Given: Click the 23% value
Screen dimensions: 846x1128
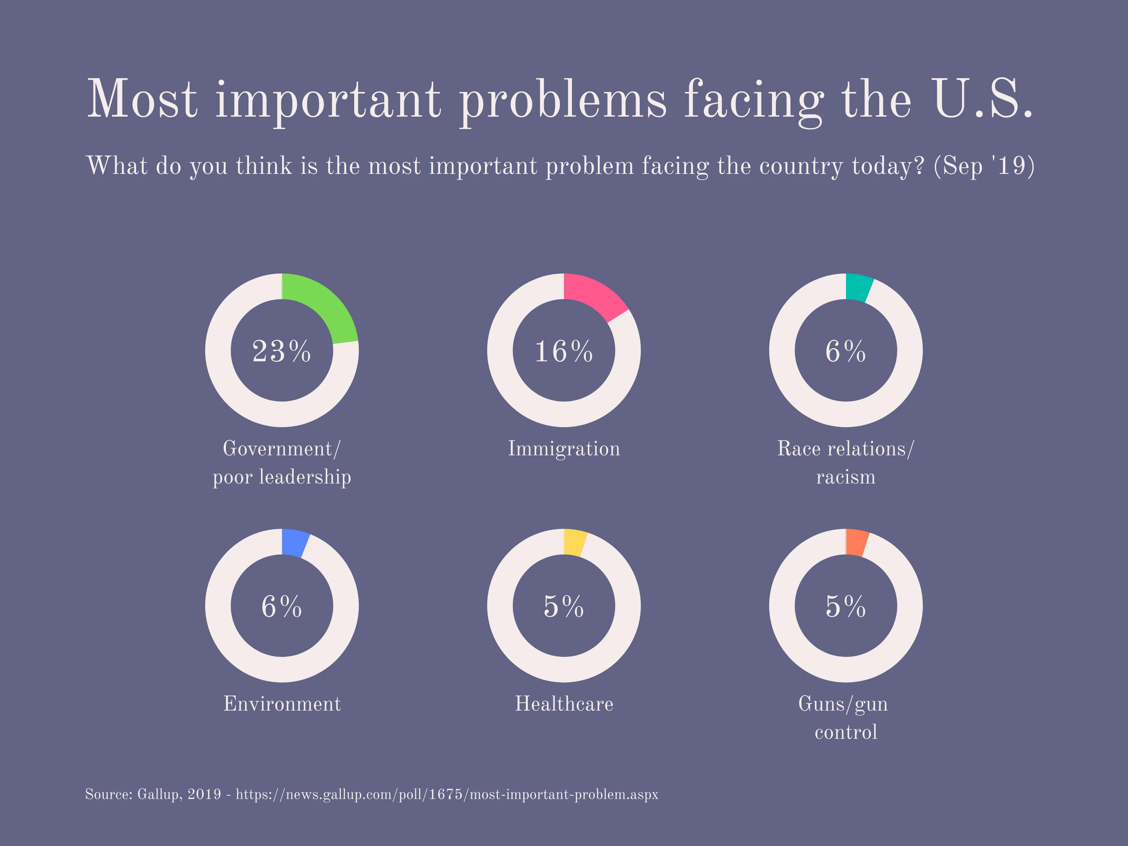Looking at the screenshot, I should coord(281,351).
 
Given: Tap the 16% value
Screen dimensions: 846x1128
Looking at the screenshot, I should coord(563,351).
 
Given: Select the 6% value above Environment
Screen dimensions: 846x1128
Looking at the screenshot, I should coord(281,606).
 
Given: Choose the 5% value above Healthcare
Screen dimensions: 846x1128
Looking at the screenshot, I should coord(563,606).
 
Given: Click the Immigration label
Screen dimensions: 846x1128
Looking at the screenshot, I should coord(563,449).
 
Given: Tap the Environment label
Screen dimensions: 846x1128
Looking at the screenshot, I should coord(281,704).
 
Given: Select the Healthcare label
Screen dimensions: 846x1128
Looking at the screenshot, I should coord(563,704).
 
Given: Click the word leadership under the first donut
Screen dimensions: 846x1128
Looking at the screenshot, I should coord(305,477).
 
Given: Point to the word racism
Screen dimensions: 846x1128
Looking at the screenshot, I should coord(845,477).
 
